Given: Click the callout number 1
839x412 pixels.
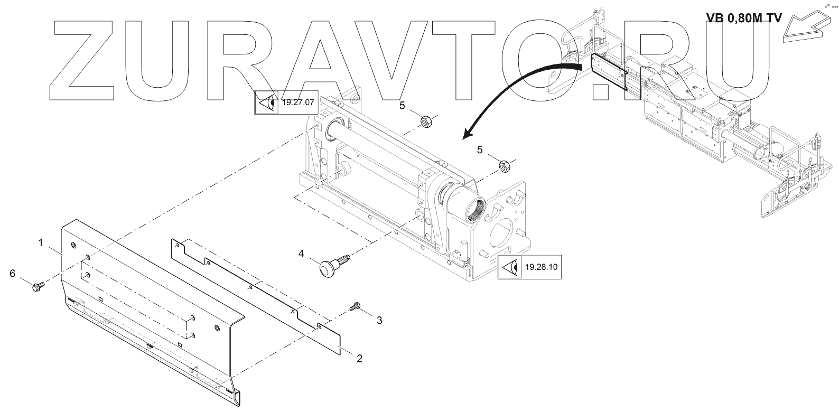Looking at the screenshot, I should tap(40, 243).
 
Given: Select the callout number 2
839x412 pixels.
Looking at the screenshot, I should tap(359, 359).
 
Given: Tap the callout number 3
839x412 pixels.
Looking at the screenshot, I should tap(379, 320).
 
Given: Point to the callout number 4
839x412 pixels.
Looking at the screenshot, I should tap(301, 254).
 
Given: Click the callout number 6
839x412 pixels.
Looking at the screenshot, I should tap(12, 273).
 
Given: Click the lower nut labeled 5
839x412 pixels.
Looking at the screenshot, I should tap(504, 167).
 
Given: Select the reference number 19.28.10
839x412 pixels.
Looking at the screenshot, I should tap(542, 267).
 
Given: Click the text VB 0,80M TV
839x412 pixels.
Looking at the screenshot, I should tap(744, 18).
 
